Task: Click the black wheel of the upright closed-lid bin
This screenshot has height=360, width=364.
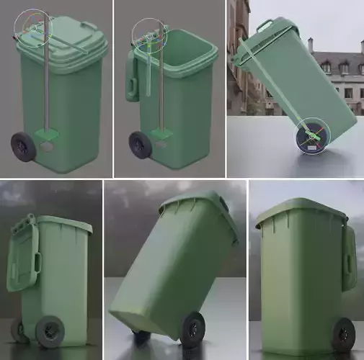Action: pos(23,146)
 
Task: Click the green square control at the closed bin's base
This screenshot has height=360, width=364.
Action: pos(48,134)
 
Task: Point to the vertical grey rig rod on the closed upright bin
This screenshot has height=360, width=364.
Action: pos(47,86)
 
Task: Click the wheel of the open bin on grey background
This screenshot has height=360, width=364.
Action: pos(141,145)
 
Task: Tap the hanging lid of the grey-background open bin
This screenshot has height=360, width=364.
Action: pos(133,76)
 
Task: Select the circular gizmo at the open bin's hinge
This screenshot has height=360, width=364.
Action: pos(149,35)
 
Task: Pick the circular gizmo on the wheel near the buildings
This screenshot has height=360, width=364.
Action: pos(313,135)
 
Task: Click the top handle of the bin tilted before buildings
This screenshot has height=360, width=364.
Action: pos(265,27)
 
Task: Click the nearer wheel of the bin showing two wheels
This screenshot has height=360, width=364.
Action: pos(50,330)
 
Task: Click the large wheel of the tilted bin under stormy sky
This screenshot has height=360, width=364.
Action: pos(192,328)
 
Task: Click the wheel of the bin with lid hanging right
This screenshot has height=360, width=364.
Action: pos(343,334)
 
